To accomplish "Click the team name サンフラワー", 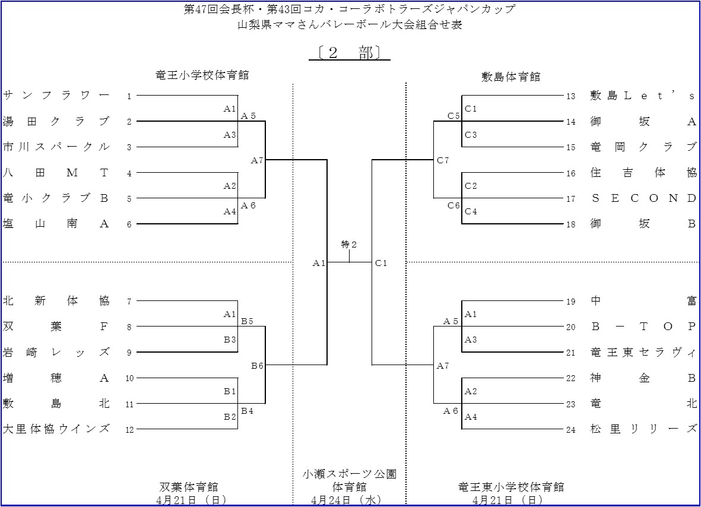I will [56, 96].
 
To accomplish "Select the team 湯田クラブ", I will [56, 121].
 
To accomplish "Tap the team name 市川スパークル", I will [56, 147].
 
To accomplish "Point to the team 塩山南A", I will [56, 224].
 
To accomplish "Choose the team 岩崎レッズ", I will [56, 352].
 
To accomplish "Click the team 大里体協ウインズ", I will [56, 429].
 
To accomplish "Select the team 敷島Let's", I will [643, 96].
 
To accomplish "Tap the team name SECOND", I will [643, 198].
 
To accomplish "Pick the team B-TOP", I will [643, 327].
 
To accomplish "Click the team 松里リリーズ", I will [643, 429].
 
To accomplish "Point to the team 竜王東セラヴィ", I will [643, 352].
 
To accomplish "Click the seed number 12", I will [130, 429].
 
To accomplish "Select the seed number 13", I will [570, 96].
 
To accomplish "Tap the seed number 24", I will [570, 430].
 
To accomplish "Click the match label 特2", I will [349, 245].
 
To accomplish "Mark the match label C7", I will [443, 160].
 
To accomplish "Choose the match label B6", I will [257, 366].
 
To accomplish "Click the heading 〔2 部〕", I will [350, 53].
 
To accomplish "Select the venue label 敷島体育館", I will [510, 77].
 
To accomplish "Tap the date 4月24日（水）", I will [349, 500].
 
